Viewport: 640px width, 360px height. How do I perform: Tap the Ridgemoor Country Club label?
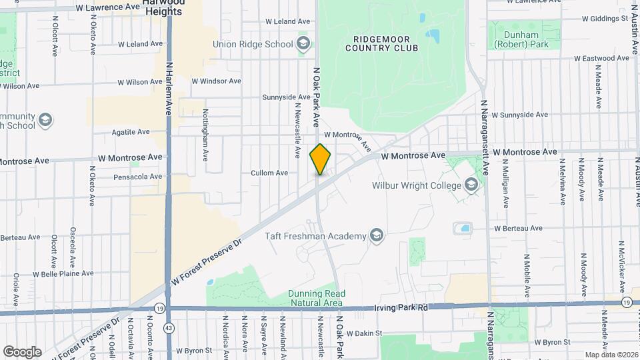point(382,43)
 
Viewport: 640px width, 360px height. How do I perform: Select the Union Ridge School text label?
point(253,45)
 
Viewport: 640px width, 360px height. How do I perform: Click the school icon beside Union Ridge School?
point(303,45)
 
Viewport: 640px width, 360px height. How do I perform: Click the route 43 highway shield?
point(169,329)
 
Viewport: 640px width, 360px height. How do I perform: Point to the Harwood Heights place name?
point(163,8)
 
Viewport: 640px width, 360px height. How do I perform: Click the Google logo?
point(22,351)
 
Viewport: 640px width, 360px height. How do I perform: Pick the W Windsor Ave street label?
point(216,81)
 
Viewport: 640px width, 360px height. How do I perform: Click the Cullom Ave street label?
point(269,173)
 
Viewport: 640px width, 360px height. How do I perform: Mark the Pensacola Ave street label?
point(137,177)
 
